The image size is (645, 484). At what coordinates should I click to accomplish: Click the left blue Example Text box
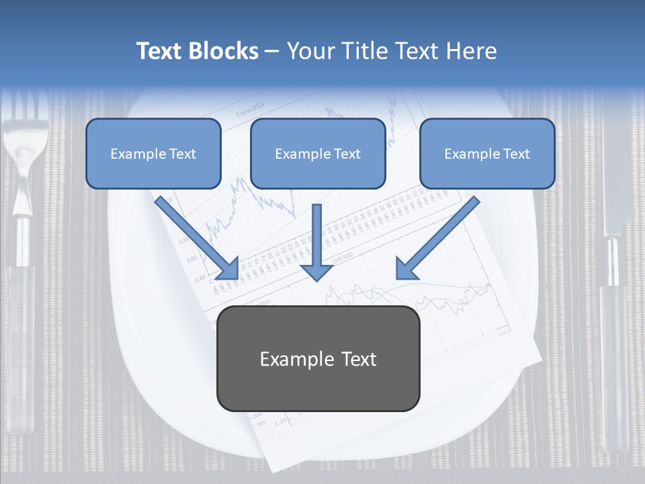[x=153, y=153]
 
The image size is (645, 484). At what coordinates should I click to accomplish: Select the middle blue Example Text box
[x=318, y=153]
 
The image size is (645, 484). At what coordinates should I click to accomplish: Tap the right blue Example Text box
[x=487, y=153]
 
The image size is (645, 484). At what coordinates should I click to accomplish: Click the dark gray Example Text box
[x=318, y=358]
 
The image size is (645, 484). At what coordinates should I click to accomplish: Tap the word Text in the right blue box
[x=515, y=153]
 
